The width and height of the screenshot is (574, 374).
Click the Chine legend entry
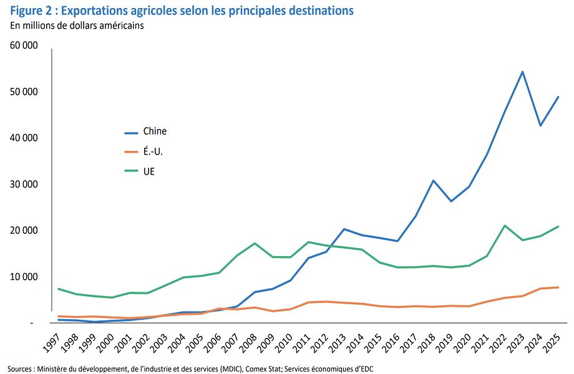point(155,132)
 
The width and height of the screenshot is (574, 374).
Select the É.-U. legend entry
point(153,151)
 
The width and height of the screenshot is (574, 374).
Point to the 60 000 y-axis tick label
point(24,46)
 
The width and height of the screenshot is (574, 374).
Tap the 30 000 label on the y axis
point(24,185)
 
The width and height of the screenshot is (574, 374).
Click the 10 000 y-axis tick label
point(24,277)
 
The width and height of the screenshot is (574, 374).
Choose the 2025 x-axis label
point(552,340)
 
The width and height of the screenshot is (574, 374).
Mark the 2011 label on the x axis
point(303,340)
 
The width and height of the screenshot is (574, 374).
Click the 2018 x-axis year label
point(427,340)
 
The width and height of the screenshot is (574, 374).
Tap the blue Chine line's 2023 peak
point(522,72)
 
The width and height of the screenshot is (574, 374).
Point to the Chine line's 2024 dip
point(540,126)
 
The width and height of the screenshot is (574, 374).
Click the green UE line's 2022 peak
point(504,226)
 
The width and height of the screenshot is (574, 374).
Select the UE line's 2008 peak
point(255,243)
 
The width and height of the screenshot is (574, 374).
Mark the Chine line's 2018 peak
point(433,181)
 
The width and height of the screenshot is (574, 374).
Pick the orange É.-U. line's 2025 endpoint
point(558,287)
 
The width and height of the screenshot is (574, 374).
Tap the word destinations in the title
point(318,11)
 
